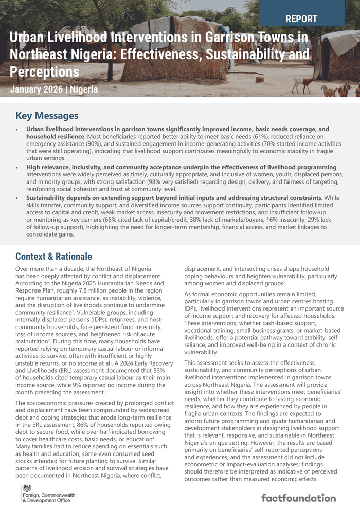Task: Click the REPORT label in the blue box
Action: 301,20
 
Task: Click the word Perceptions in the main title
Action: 45,71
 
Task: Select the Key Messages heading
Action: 47,116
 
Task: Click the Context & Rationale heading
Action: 53,256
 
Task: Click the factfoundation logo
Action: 298,498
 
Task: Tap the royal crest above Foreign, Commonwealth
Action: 28,487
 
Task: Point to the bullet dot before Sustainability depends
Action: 17,198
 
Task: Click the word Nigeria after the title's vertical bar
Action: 84,89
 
